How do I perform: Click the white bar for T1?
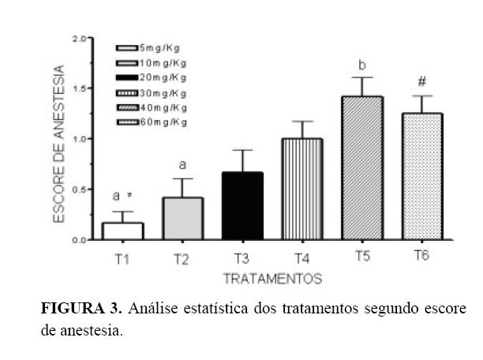[122, 231]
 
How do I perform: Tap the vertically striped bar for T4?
[302, 189]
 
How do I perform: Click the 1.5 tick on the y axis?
[79, 88]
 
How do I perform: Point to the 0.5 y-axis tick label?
[79, 189]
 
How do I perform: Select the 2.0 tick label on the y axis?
[79, 38]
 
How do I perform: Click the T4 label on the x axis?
[302, 257]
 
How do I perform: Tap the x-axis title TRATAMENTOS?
[273, 279]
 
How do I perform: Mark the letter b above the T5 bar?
[362, 64]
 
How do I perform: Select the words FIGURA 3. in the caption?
[81, 308]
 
